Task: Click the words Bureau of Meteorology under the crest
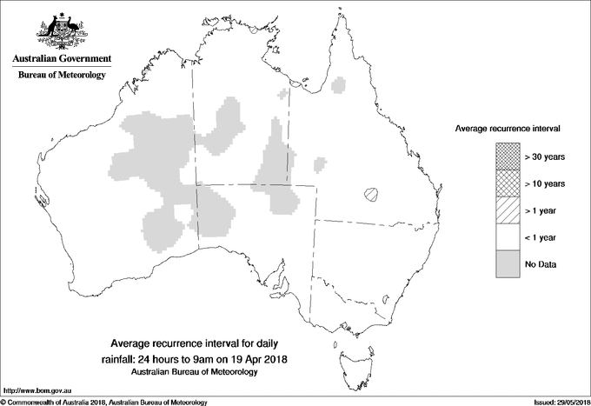pyautogui.click(x=61, y=76)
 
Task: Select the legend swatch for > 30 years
pyautogui.click(x=507, y=157)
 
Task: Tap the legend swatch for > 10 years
pyautogui.click(x=507, y=183)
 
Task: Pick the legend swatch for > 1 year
pyautogui.click(x=507, y=210)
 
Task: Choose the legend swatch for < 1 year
pyautogui.click(x=507, y=236)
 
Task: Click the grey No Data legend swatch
pyautogui.click(x=507, y=263)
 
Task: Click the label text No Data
pyautogui.click(x=541, y=263)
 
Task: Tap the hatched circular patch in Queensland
pyautogui.click(x=373, y=194)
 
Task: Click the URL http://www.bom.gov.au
pyautogui.click(x=35, y=390)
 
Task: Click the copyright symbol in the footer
pyautogui.click(x=3, y=402)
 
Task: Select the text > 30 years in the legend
pyautogui.click(x=544, y=157)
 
